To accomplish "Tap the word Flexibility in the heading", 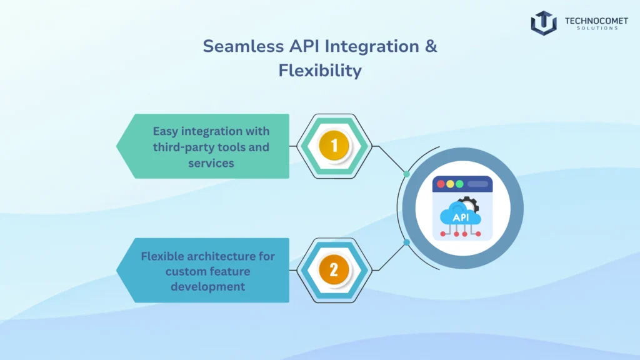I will pyautogui.click(x=320, y=70).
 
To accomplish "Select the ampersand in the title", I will pyautogui.click(x=431, y=46).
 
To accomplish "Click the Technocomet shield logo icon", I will pyautogui.click(x=543, y=22).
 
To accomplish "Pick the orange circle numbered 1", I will pyautogui.click(x=334, y=146).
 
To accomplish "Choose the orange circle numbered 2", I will pyautogui.click(x=334, y=270).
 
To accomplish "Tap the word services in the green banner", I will pyautogui.click(x=211, y=163).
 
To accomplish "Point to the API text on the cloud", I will pyautogui.click(x=461, y=217).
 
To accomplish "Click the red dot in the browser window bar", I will pyautogui.click(x=441, y=184).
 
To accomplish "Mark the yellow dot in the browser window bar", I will pyautogui.click(x=450, y=184).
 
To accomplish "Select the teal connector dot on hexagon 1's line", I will pyautogui.click(x=407, y=174).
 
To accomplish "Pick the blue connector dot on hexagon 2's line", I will pyautogui.click(x=407, y=242).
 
